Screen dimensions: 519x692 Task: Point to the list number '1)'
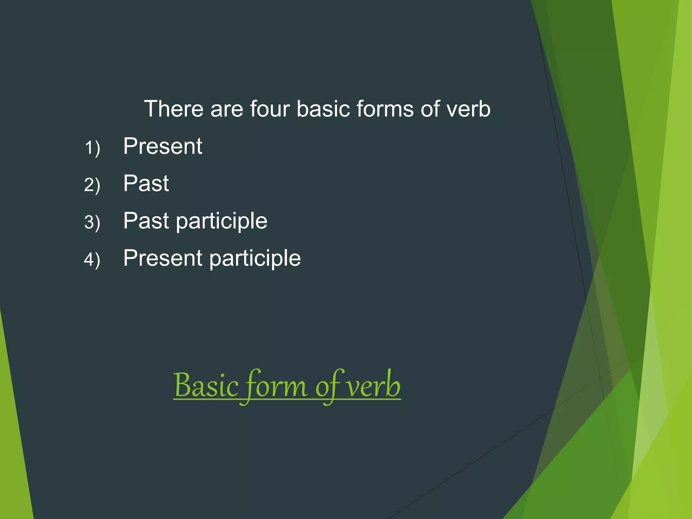point(92,148)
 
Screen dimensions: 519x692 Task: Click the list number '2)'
point(92,185)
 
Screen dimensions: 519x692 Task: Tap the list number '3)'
point(92,222)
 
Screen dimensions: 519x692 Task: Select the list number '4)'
point(92,259)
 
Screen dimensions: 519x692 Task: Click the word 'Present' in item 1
point(163,146)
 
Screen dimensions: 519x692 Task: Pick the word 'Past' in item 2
point(146,183)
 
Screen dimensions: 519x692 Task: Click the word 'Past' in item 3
point(146,221)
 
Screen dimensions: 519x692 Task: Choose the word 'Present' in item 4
point(163,258)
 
